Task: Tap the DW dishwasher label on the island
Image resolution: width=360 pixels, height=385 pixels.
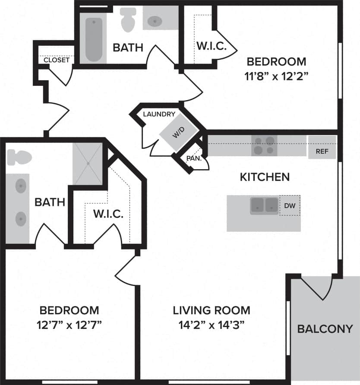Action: click(x=290, y=206)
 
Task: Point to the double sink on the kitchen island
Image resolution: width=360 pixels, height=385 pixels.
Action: click(x=264, y=205)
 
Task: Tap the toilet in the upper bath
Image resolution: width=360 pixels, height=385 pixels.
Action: click(x=128, y=19)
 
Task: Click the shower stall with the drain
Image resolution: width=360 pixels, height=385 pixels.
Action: click(x=88, y=164)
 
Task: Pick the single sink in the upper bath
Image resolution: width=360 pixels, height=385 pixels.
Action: click(x=155, y=20)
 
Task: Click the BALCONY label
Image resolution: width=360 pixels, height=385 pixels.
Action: click(x=325, y=329)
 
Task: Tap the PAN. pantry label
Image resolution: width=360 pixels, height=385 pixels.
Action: click(x=192, y=158)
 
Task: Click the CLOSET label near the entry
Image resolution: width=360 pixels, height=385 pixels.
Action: click(x=56, y=60)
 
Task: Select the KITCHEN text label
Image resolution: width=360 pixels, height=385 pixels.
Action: click(x=264, y=177)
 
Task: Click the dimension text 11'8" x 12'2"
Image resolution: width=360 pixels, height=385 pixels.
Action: click(x=277, y=76)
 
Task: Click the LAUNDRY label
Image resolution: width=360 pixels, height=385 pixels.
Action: click(x=159, y=114)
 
